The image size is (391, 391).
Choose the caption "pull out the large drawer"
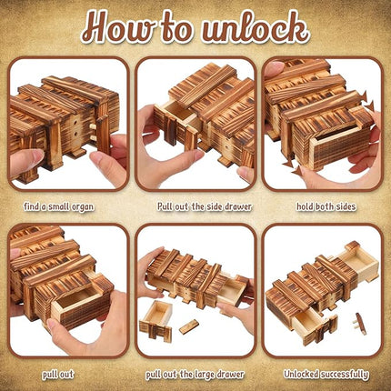point(195,373)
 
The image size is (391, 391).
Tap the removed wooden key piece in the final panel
point(362,324)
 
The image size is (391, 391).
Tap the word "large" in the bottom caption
point(208,373)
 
